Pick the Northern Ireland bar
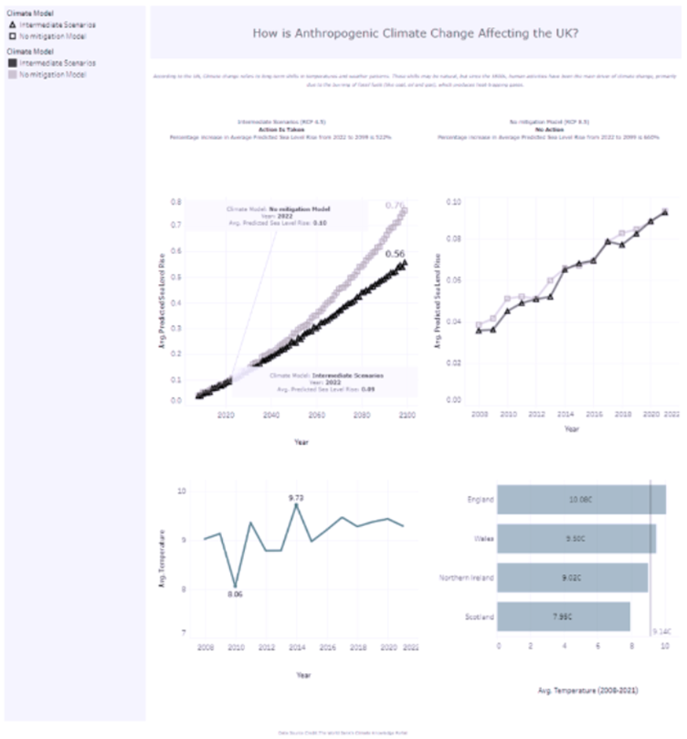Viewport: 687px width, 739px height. pos(573,577)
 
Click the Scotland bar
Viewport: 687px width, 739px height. pos(565,617)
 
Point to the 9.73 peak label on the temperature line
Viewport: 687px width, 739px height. pos(296,497)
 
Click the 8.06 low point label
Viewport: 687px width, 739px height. pos(235,594)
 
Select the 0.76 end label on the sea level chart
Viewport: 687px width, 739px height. pos(395,206)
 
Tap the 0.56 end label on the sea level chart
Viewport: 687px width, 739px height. pos(395,253)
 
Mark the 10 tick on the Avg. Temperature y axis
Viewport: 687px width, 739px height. pos(182,491)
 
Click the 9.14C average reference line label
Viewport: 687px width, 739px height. pos(661,630)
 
